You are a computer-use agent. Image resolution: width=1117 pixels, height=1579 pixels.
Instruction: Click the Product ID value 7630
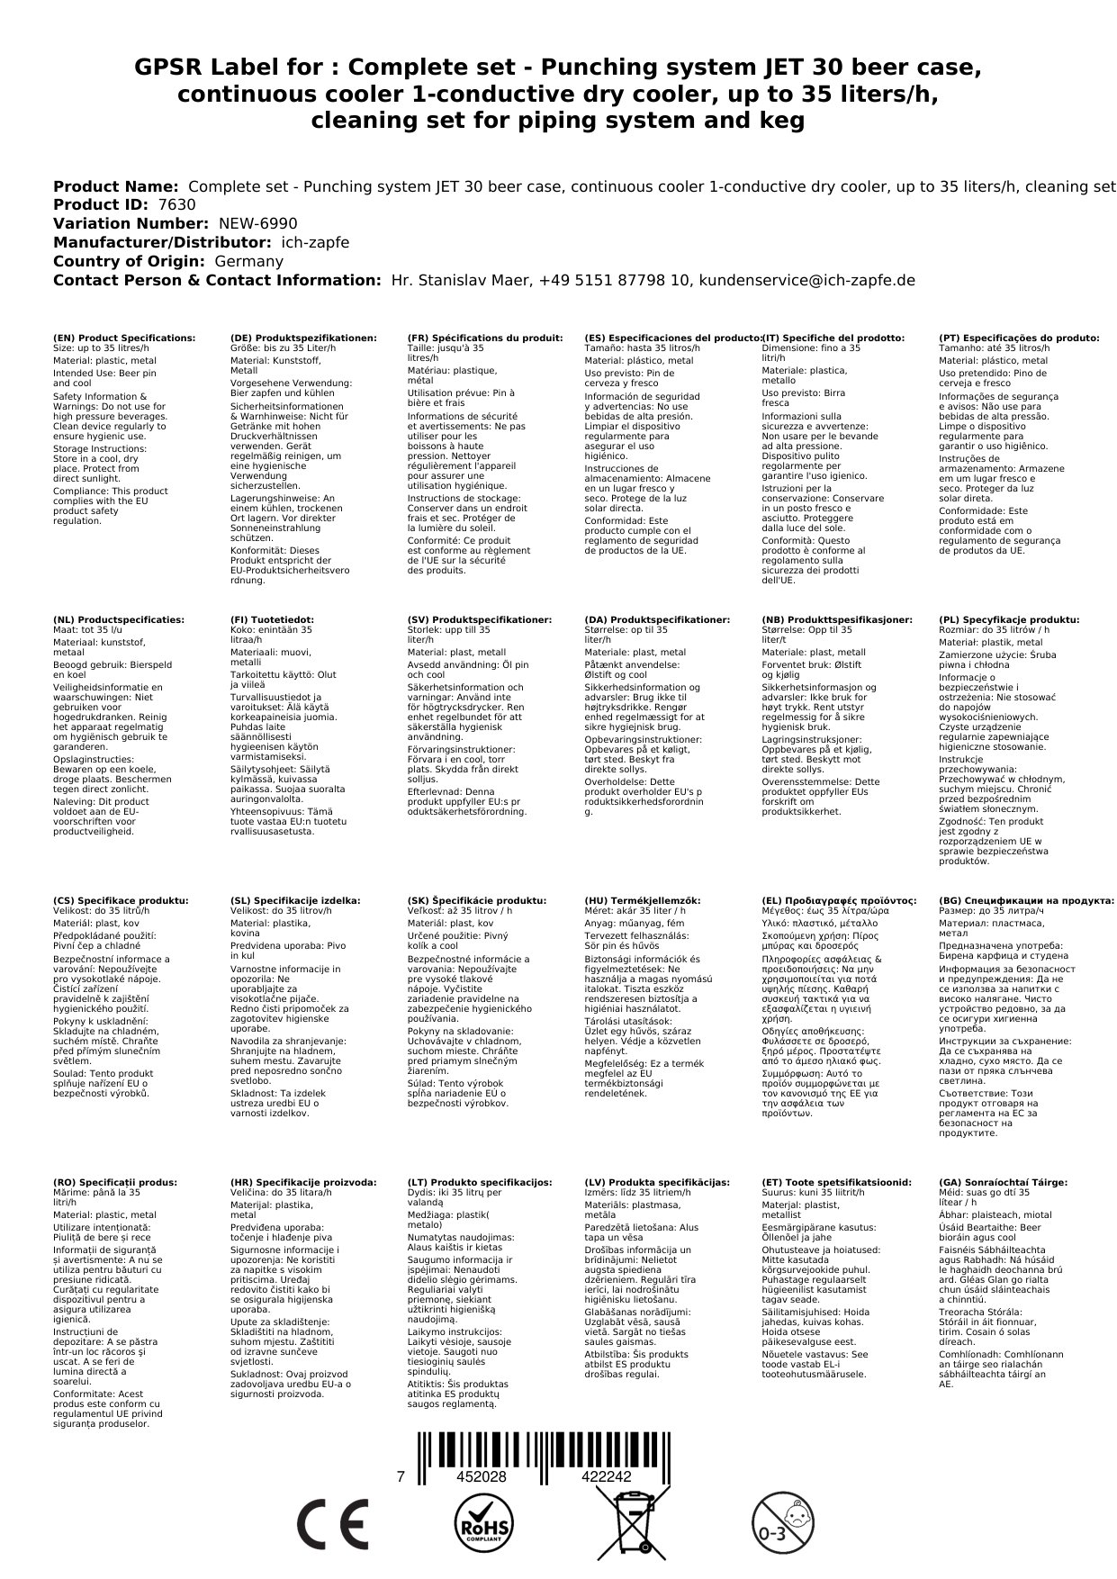pos(176,205)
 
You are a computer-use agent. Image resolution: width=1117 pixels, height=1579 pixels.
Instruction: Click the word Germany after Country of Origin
pos(248,261)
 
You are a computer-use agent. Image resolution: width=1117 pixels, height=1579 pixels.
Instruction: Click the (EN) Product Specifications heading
pos(124,338)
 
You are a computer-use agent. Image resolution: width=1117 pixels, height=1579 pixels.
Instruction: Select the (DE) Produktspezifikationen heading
pos(304,338)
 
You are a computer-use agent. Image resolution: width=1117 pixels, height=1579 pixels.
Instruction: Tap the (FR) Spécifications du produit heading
pos(482,338)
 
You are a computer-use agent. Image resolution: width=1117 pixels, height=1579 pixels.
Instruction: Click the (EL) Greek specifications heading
pos(839,900)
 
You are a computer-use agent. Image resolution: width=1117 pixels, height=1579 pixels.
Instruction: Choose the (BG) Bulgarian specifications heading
pos(1026,900)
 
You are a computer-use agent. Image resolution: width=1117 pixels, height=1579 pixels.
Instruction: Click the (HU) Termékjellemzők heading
pos(642,900)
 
